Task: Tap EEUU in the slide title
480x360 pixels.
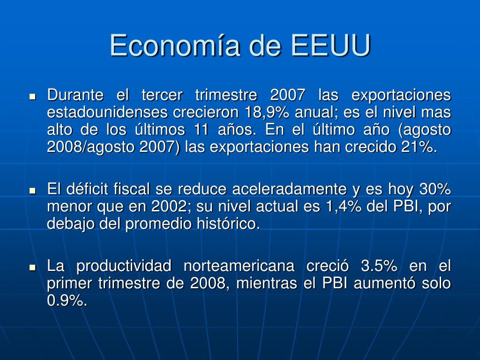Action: click(331, 45)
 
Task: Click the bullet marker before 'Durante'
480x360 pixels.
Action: click(32, 97)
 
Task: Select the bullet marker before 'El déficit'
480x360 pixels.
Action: click(32, 191)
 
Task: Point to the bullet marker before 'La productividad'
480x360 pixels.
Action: click(32, 268)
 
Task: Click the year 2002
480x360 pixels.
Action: click(169, 206)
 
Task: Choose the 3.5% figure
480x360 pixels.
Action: click(379, 266)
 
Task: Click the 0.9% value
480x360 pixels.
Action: click(67, 300)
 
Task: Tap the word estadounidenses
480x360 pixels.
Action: click(107, 112)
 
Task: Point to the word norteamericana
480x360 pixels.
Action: click(239, 266)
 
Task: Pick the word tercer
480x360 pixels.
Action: click(162, 95)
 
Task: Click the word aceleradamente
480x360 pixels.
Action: click(289, 189)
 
